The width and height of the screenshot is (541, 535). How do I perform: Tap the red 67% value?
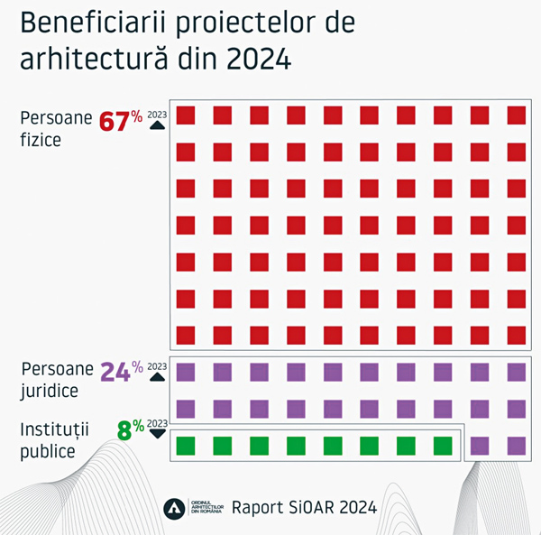pyautogui.click(x=120, y=121)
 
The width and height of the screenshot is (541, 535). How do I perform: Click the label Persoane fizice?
pyautogui.click(x=55, y=128)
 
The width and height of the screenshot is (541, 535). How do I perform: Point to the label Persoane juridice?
pyautogui.click(x=55, y=380)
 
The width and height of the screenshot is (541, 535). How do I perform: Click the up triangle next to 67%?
pyautogui.click(x=157, y=125)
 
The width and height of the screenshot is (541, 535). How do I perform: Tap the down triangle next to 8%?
pyautogui.click(x=157, y=433)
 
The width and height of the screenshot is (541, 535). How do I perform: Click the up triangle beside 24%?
pyautogui.click(x=157, y=377)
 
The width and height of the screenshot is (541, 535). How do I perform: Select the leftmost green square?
pyautogui.click(x=186, y=445)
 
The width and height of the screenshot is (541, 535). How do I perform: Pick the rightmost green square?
pyautogui.click(x=443, y=445)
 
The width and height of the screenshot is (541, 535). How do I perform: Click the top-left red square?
pyautogui.click(x=186, y=115)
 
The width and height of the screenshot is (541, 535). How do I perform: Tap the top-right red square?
pyautogui.click(x=516, y=115)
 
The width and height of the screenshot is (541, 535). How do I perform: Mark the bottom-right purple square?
pyautogui.click(x=516, y=445)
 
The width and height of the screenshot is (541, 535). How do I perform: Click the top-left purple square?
pyautogui.click(x=186, y=372)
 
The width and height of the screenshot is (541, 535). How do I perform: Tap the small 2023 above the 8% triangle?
pyautogui.click(x=157, y=422)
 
